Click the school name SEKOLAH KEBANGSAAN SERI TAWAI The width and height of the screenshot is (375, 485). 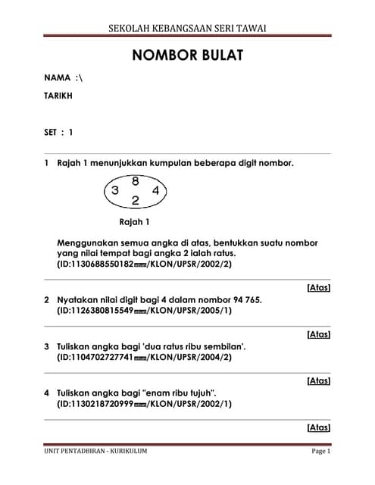[x=187, y=28]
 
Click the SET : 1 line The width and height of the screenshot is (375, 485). [x=59, y=132]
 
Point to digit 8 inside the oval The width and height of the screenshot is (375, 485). [x=135, y=181]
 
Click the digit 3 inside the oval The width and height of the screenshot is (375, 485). [x=115, y=191]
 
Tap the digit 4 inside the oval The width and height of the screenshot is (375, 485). [x=155, y=191]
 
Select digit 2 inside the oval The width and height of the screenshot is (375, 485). [x=135, y=201]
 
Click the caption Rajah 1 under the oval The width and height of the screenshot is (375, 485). [x=135, y=222]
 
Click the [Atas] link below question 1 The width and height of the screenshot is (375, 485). [x=318, y=288]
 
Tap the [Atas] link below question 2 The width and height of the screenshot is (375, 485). [x=318, y=333]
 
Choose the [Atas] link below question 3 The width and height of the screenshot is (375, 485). [x=318, y=380]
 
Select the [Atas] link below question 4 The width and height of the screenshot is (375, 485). [x=318, y=427]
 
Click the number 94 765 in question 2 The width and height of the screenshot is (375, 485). [x=242, y=300]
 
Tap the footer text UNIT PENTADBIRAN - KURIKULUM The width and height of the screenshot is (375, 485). [x=95, y=452]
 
